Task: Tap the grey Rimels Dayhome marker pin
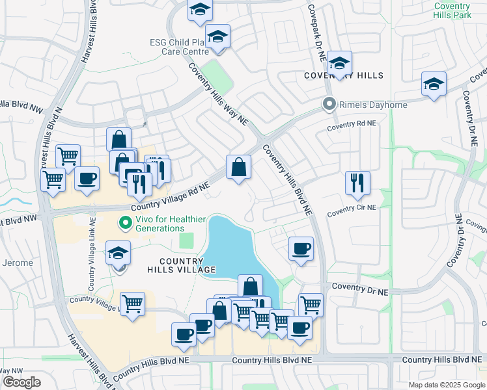329,103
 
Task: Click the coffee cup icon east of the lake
301,248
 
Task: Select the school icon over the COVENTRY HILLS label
339,63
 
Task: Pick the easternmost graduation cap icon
434,84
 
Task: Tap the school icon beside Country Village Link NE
118,253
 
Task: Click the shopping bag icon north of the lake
239,167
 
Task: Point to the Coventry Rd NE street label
352,123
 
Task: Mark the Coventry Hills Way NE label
219,94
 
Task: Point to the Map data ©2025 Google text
445,385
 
